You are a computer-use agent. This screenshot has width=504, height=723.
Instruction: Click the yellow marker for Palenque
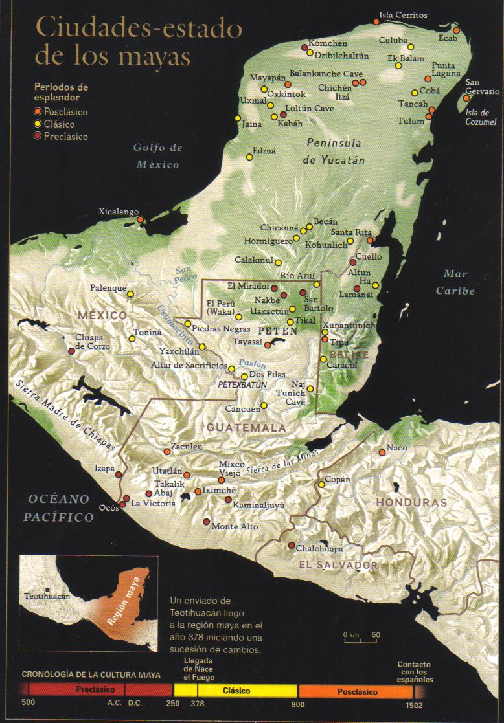point(130,294)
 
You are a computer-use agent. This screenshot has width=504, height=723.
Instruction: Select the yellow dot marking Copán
point(321,484)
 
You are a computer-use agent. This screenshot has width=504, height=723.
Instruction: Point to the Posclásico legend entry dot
point(38,112)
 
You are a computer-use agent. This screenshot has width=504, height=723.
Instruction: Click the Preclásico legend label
point(65,137)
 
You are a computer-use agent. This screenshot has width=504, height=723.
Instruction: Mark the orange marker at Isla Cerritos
point(376,22)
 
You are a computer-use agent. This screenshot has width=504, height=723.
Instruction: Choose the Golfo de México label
point(157,156)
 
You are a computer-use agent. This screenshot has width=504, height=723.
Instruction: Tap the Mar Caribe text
point(455,282)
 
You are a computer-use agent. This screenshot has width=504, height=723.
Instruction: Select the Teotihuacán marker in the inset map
point(47,588)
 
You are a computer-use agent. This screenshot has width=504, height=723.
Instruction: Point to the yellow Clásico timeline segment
point(236,691)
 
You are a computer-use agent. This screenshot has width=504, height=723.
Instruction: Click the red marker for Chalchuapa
point(292,545)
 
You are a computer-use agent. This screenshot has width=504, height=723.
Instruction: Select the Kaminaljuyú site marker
point(228,500)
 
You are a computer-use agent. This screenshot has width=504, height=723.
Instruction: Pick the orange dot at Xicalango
point(149,221)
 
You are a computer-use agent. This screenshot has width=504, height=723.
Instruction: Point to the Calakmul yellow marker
point(278,262)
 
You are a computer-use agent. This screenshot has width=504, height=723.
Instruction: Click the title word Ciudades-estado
point(139,29)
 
